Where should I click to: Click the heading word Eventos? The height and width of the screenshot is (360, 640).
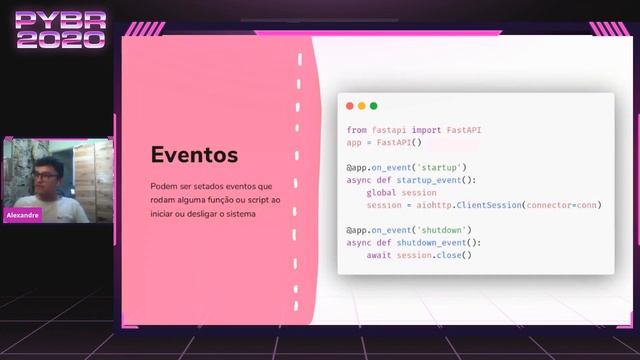pyautogui.click(x=194, y=155)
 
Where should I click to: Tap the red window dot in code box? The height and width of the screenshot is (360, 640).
pyautogui.click(x=350, y=106)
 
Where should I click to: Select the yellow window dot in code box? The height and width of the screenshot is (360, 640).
pyautogui.click(x=362, y=106)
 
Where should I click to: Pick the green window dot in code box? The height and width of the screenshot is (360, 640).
pyautogui.click(x=374, y=106)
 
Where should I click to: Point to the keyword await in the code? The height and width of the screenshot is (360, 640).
pyautogui.click(x=379, y=255)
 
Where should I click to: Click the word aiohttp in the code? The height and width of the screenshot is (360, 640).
pyautogui.click(x=434, y=205)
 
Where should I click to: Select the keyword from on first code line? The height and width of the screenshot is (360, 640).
pyautogui.click(x=357, y=130)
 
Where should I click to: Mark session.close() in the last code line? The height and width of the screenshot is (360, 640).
pyautogui.click(x=434, y=255)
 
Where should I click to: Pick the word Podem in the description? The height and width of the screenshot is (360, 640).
pyautogui.click(x=163, y=186)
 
